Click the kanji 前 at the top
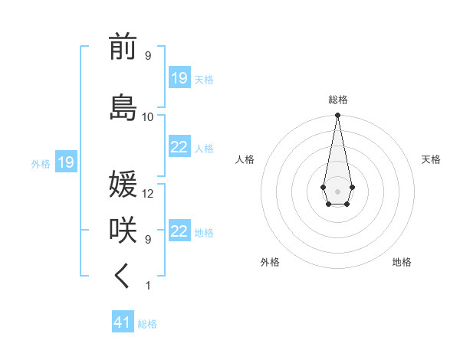tap(123, 47)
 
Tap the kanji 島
tap(123, 106)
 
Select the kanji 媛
tap(123, 185)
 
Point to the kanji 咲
tap(123, 231)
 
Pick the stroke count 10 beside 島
tap(148, 117)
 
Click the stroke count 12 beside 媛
tap(148, 194)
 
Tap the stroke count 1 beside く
tap(148, 286)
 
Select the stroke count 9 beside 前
tap(148, 56)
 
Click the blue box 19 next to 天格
tap(179, 77)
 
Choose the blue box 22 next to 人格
tap(179, 147)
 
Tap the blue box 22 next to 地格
tap(179, 232)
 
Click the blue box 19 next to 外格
tap(65, 162)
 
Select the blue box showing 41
tap(123, 322)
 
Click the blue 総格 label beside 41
tap(147, 324)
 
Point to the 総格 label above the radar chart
tap(337, 100)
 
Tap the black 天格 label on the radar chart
tap(431, 159)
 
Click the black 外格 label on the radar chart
tap(270, 262)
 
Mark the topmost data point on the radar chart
tap(337, 116)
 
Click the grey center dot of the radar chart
tap(337, 191)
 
